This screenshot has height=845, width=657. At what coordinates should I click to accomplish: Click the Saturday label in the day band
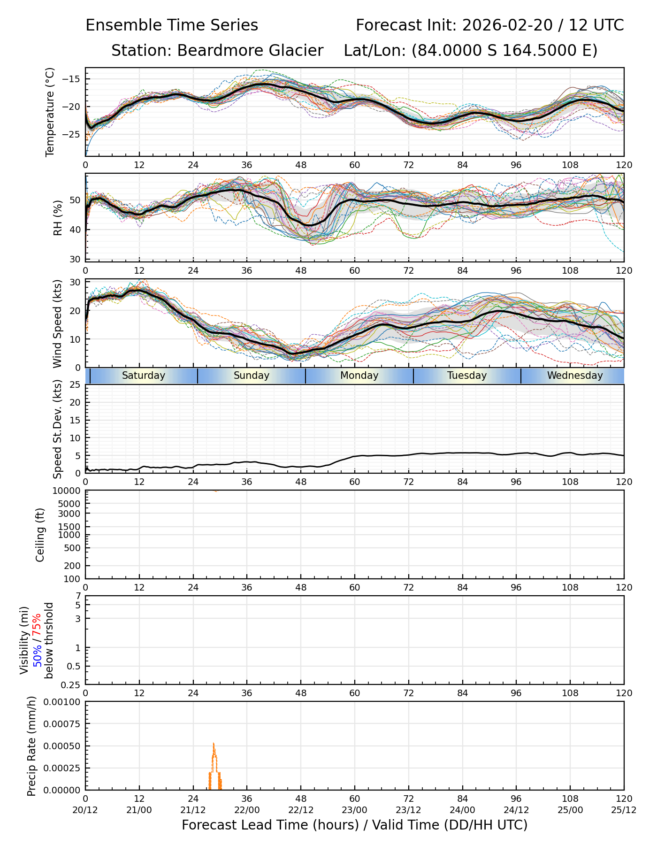[x=144, y=376]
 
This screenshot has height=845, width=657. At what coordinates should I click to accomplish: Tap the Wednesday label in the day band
[x=575, y=376]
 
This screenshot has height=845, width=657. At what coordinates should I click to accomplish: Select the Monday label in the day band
[x=359, y=376]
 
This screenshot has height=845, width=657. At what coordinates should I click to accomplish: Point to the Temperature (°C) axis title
[x=50, y=112]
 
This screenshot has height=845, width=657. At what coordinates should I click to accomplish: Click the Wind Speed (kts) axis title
[x=57, y=324]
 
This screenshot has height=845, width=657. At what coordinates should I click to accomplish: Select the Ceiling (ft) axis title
[x=40, y=535]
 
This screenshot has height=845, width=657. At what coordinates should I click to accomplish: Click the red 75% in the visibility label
[x=37, y=626]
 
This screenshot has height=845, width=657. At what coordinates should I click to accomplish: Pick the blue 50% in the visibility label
[x=37, y=653]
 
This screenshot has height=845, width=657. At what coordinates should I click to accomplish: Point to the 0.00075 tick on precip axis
[x=63, y=724]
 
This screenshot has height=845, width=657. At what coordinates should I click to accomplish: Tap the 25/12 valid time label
[x=624, y=810]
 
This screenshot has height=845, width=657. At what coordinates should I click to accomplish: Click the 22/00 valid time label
[x=247, y=810]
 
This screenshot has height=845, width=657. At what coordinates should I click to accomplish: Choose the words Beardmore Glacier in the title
[x=250, y=51]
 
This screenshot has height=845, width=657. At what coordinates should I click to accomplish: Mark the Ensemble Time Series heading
[x=172, y=25]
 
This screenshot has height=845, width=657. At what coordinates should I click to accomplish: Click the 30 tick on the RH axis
[x=75, y=259]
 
